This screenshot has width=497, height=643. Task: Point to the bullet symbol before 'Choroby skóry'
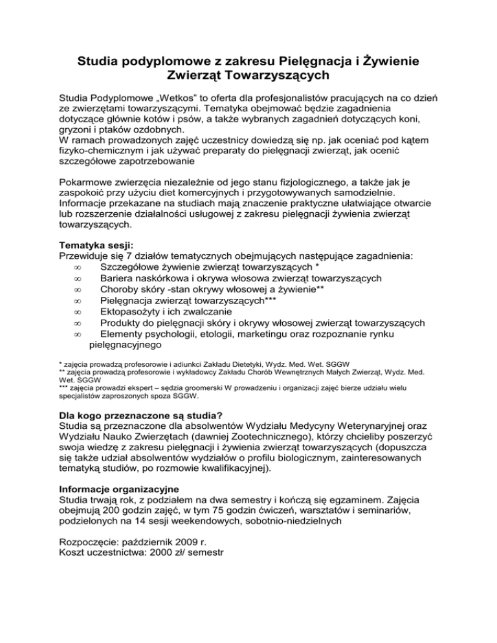tap(77, 290)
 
